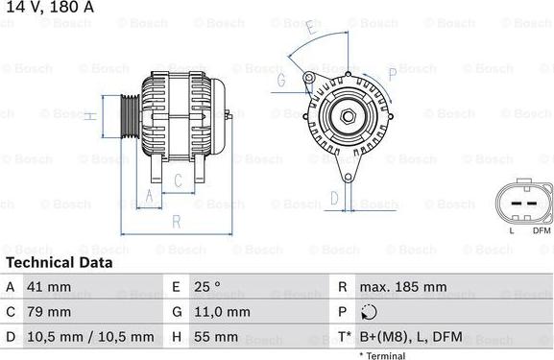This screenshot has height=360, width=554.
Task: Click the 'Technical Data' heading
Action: tap(59, 262)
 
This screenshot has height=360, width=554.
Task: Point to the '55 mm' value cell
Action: tap(215, 337)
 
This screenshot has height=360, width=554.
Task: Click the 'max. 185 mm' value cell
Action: tap(402, 287)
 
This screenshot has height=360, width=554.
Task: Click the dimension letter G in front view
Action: tap(281, 82)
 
